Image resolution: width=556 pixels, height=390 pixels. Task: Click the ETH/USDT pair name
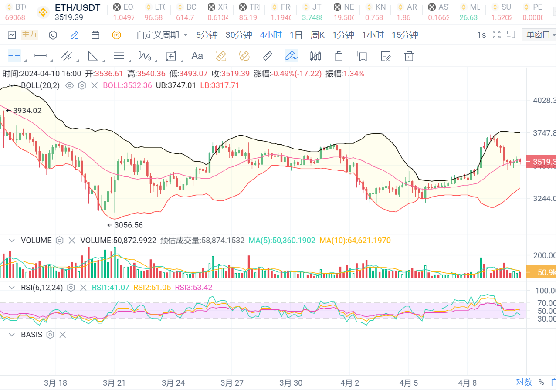tap(77, 7)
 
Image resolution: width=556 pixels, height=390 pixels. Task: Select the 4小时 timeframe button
tap(271, 35)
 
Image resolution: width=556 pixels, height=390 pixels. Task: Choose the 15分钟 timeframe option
tap(404, 35)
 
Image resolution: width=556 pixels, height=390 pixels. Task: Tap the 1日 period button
tap(296, 35)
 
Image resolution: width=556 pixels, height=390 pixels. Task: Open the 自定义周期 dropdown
tap(162, 35)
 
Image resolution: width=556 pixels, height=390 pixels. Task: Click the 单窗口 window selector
tap(539, 35)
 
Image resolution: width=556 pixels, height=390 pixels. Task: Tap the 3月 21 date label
tap(114, 383)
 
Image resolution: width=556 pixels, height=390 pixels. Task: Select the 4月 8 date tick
tap(468, 383)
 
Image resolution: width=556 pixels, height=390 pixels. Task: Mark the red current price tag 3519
tap(542, 162)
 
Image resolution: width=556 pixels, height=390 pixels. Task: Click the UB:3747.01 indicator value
tap(176, 85)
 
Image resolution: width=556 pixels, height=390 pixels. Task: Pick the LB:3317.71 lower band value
tap(220, 85)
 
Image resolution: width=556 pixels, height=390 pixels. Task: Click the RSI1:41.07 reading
tap(110, 287)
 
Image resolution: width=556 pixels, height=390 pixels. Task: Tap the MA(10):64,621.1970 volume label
tap(355, 240)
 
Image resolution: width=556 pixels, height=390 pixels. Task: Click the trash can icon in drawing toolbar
tap(408, 56)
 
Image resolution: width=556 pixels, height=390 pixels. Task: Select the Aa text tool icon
tap(197, 56)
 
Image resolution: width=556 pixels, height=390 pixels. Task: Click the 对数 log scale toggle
tap(524, 382)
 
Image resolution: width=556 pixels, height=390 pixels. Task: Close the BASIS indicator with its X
tap(63, 335)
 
